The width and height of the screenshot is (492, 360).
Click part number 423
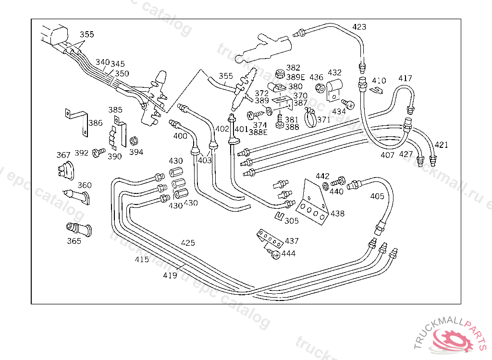[359, 27]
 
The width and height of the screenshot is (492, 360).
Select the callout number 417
[405, 78]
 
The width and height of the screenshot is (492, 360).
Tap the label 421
[442, 144]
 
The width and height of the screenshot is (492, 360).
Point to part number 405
[377, 196]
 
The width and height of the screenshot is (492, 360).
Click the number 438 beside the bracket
[338, 214]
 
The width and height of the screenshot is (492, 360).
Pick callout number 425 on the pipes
[188, 243]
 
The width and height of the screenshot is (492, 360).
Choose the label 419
[170, 275]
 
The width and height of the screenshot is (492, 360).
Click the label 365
[74, 241]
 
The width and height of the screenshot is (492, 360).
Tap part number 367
[63, 155]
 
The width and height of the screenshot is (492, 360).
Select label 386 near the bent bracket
[96, 123]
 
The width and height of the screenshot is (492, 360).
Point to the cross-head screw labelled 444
[275, 255]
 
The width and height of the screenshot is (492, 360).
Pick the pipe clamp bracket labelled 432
[334, 89]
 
